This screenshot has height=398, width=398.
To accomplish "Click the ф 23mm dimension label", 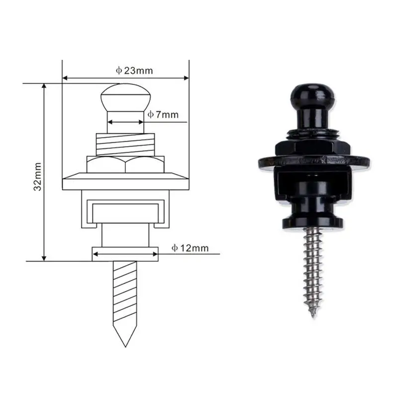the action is pyautogui.click(x=134, y=71).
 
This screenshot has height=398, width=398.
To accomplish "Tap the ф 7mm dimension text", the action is pyautogui.click(x=163, y=115).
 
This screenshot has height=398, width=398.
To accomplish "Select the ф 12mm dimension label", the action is pyautogui.click(x=190, y=248).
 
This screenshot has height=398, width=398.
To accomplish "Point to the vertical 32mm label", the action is pyautogui.click(x=38, y=177).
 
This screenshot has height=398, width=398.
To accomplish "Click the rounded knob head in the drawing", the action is pyautogui.click(x=126, y=98).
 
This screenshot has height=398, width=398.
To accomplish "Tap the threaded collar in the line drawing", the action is pyautogui.click(x=125, y=145).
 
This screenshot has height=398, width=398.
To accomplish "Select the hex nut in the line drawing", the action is pyautogui.click(x=125, y=165).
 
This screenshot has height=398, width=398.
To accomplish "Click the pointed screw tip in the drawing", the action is pyautogui.click(x=125, y=346).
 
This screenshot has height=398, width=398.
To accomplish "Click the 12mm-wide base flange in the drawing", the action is pyautogui.click(x=125, y=254).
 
